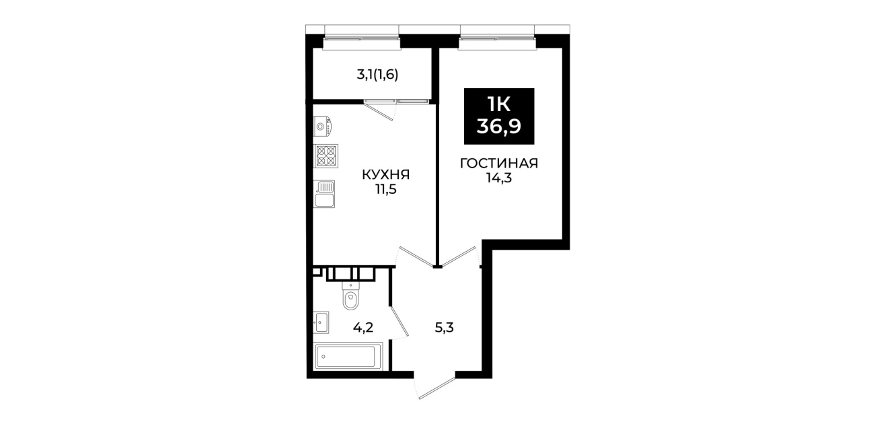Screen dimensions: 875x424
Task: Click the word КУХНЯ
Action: pos(386,175)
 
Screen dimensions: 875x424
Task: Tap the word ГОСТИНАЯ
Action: pos(499,164)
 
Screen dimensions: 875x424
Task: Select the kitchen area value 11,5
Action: pos(386,190)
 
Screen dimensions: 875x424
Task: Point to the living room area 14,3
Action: pos(499,178)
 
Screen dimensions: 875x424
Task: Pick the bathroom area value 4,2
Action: pos(363,328)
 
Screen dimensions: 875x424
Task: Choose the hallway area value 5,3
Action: pos(445,328)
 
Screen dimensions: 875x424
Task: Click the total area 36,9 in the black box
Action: pos(499,127)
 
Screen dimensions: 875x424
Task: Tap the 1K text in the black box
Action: pos(499,104)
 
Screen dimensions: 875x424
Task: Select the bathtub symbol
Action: pos(348,356)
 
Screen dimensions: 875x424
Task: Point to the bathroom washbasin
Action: pos(321,322)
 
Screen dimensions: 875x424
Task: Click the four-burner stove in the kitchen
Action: pos(326,156)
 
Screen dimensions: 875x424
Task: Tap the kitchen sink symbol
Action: pos(324,194)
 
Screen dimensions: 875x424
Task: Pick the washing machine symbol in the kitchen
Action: pos(323,127)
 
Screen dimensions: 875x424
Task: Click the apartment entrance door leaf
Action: pos(437,388)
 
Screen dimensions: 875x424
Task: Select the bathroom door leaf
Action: pos(400,321)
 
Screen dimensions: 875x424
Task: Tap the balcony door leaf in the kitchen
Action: pos(379,111)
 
